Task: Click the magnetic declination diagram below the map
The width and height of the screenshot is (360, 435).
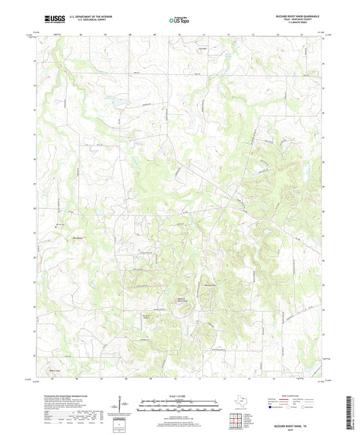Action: pos(123,408)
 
